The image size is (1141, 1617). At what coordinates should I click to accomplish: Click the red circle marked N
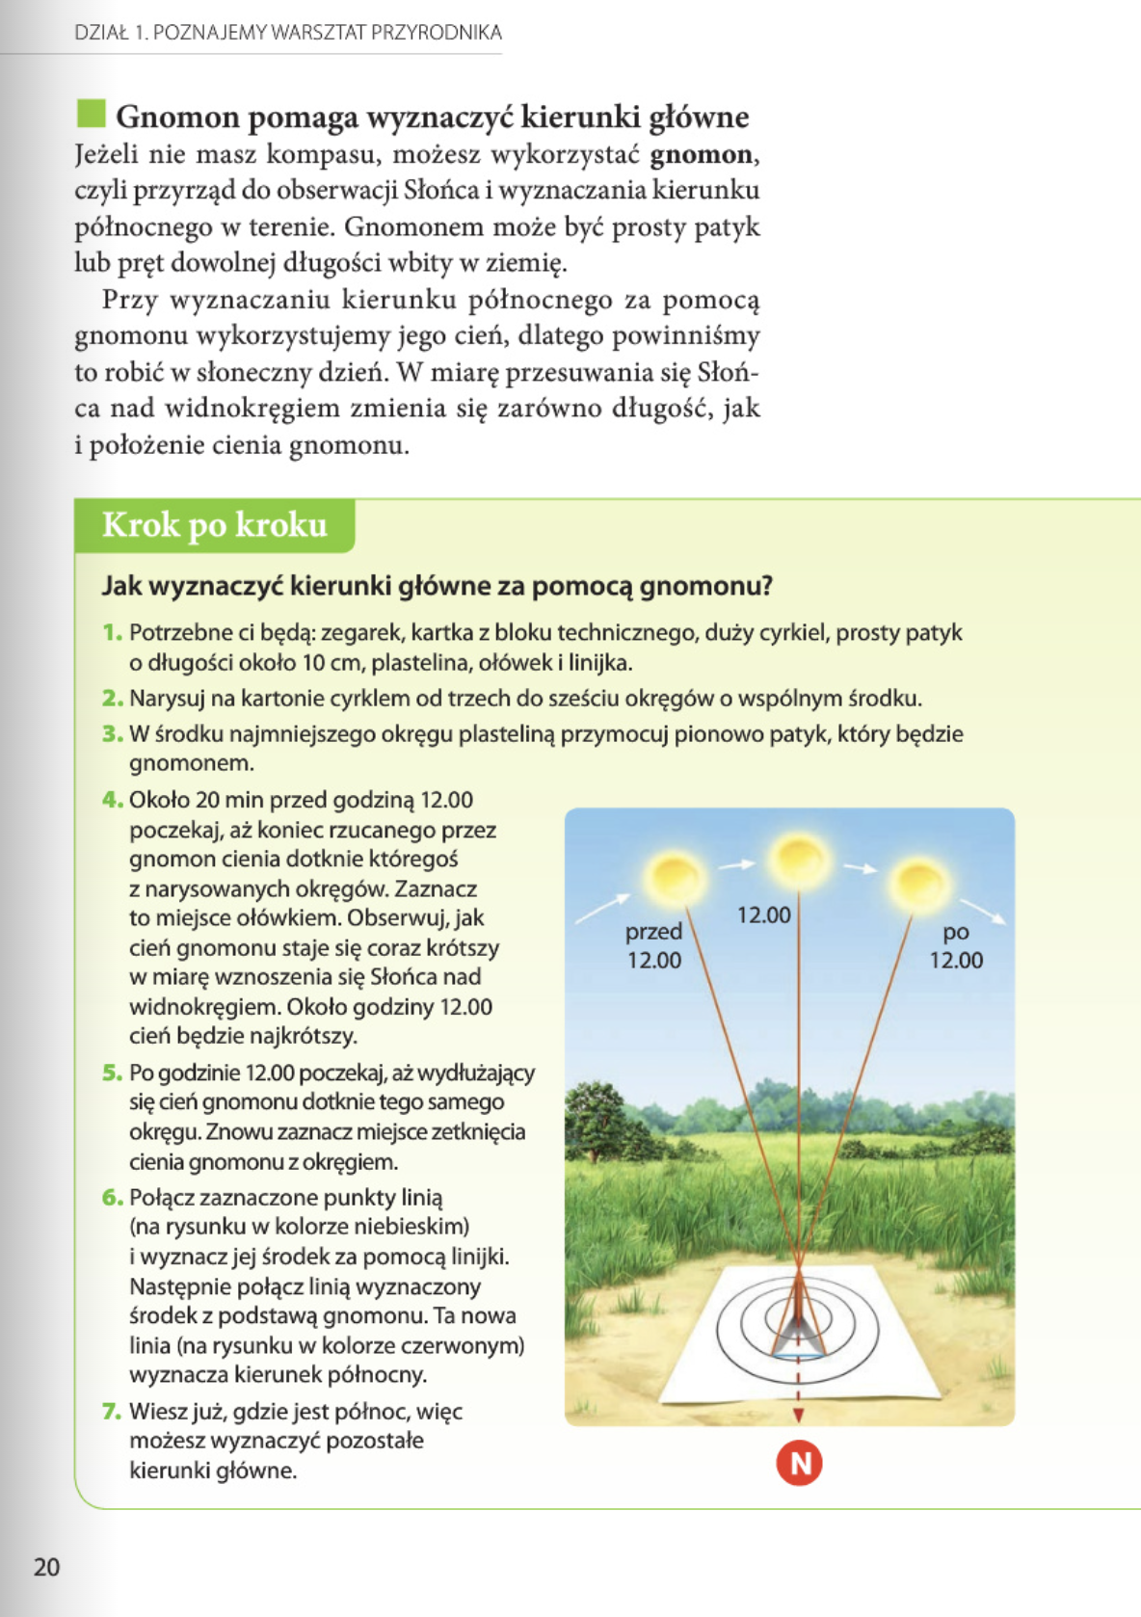(799, 1463)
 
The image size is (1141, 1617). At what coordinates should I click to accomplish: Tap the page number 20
(46, 1567)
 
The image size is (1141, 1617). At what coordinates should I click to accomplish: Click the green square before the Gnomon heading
(91, 114)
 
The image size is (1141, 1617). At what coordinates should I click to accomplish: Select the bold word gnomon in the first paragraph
(701, 154)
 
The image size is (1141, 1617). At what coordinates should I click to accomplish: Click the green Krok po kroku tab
(215, 525)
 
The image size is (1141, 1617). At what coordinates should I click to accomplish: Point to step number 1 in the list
(113, 632)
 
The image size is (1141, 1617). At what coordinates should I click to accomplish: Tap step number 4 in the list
(113, 800)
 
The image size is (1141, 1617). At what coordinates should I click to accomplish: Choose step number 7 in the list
(113, 1412)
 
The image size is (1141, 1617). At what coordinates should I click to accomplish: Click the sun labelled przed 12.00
(675, 878)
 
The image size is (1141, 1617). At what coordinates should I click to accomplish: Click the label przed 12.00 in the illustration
(653, 945)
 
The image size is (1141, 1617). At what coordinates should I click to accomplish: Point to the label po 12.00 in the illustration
(956, 945)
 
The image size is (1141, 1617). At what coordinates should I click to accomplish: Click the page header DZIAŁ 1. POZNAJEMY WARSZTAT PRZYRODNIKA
(288, 33)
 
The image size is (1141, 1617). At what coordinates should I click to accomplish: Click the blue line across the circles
(799, 1356)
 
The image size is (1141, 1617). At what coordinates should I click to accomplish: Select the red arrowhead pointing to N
(799, 1415)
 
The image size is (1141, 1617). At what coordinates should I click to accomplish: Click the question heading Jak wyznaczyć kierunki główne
(438, 586)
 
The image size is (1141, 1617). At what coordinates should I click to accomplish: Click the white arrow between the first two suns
(736, 864)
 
